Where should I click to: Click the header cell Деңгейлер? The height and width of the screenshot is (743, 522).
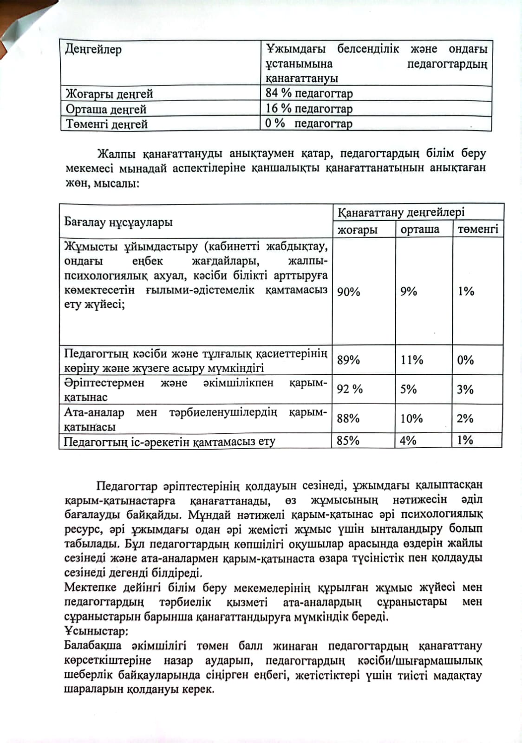pos(93,49)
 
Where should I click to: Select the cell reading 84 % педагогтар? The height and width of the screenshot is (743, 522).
pos(309,93)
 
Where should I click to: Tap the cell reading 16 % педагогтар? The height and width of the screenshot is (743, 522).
pos(309,109)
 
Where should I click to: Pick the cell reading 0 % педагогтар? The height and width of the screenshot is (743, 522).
pos(309,124)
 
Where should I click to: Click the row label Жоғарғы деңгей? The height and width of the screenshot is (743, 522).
pos(109,94)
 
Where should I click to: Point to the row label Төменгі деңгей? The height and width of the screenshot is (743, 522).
pos(107,124)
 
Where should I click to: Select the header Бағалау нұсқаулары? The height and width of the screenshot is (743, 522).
pos(118,222)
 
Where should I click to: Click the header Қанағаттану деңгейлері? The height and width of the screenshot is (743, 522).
pos(401,212)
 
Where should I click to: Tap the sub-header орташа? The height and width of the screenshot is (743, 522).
pos(420,229)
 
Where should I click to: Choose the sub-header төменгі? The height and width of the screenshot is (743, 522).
pos(477,229)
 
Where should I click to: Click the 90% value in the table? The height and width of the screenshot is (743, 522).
pos(348,292)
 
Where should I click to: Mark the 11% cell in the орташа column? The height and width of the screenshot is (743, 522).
pos(412,360)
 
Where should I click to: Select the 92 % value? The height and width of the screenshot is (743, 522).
pos(350,389)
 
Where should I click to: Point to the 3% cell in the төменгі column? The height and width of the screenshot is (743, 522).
pos(465,389)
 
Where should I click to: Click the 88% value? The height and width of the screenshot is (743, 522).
pos(348,418)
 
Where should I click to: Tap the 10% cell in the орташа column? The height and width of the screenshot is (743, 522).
pos(411,418)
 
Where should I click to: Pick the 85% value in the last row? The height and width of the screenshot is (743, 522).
pos(348,440)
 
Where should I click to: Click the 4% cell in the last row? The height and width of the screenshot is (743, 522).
pos(408,440)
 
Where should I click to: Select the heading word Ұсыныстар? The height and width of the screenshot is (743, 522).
pos(96,631)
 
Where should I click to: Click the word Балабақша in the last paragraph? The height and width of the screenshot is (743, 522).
pos(93,645)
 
